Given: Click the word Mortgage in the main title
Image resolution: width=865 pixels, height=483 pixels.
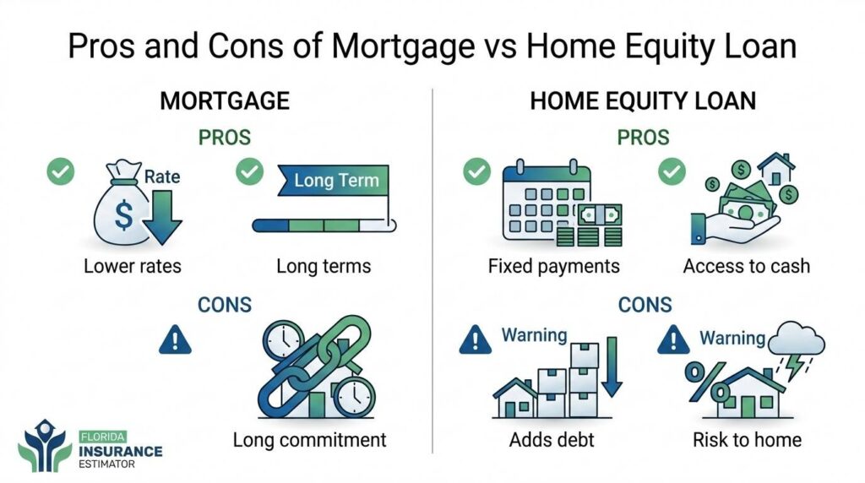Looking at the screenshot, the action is pos(403,47).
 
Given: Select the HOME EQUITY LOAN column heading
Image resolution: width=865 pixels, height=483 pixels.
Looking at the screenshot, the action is pos(643,100).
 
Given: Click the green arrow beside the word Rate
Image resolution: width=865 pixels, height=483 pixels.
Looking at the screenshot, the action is pos(161,217).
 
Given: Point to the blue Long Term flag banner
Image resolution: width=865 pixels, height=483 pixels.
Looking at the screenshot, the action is pos(333,181).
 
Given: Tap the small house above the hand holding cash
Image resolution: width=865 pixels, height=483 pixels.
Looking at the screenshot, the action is pos(775,169).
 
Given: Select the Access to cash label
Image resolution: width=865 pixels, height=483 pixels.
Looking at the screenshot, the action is pos(747,266).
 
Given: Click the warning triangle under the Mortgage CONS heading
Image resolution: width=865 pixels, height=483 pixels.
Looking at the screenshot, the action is pos(175,339).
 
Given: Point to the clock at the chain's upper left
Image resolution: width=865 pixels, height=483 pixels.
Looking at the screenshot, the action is pos(283,339).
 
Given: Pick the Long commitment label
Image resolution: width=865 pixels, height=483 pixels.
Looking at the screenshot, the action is pos(309,440).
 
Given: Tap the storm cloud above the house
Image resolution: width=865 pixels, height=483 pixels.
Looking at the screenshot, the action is pos(796,339).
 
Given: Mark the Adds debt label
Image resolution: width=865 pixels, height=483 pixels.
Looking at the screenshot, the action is pos(552,440).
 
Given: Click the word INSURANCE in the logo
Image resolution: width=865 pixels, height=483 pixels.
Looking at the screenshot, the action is pos(121,452).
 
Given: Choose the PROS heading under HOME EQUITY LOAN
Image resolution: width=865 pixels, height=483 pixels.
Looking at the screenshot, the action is pos(643,138).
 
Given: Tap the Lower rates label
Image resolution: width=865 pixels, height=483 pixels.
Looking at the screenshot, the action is pos(133,266).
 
